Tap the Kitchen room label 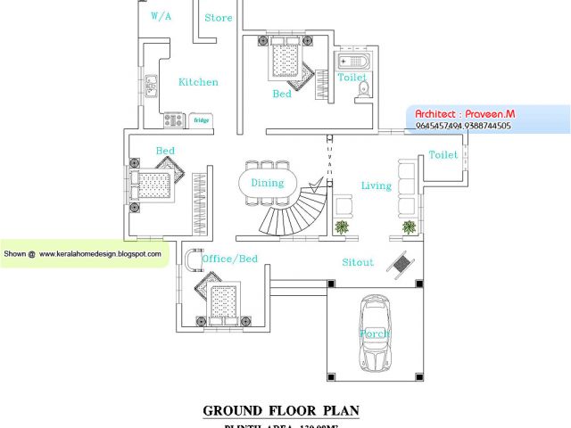click(x=198, y=82)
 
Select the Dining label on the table click(x=267, y=184)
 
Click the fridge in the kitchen click(x=202, y=119)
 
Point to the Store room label click(x=219, y=18)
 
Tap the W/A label click(x=161, y=16)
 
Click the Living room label click(x=377, y=185)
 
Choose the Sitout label click(x=358, y=262)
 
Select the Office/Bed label click(x=230, y=259)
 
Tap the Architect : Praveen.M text click(x=465, y=114)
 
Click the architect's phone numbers click(x=463, y=127)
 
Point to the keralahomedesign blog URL click(x=100, y=254)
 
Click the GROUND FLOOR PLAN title click(x=281, y=411)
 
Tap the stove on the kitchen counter click(x=173, y=119)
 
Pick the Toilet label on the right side click(x=443, y=155)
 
